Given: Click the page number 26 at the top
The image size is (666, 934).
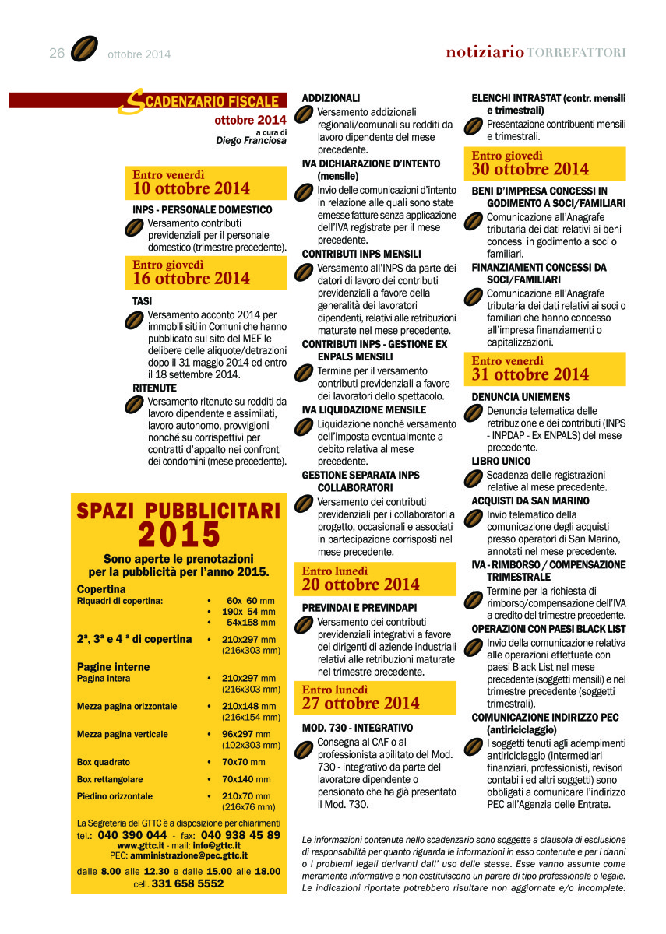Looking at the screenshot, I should tap(56, 53).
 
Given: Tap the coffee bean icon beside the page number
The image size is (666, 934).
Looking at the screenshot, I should tap(84, 49).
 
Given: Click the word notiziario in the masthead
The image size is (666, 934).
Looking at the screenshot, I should tap(485, 52).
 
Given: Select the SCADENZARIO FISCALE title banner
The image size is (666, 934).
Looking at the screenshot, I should tap(203, 101).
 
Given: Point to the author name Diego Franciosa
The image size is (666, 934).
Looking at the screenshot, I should tap(251, 141).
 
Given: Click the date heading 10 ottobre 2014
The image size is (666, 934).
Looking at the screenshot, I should tap(192, 188).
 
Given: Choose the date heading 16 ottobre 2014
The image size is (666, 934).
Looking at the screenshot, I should tap(192, 278).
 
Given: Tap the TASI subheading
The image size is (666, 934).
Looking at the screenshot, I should tap(143, 300).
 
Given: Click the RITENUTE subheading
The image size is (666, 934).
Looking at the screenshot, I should tap(155, 388).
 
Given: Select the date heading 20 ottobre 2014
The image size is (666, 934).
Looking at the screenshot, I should tap(361, 584).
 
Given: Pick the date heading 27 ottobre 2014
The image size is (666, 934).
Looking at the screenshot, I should tap(361, 703).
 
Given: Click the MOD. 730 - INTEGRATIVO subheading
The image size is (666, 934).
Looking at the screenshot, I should tap(358, 728).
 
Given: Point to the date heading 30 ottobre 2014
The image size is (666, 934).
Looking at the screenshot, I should tap(530, 169).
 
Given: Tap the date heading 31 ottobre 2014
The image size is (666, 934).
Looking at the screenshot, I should tap(530, 374).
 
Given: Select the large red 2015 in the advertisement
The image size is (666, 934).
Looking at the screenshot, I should tap(179, 535).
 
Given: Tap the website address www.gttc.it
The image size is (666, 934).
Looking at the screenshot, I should tap(140, 844).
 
